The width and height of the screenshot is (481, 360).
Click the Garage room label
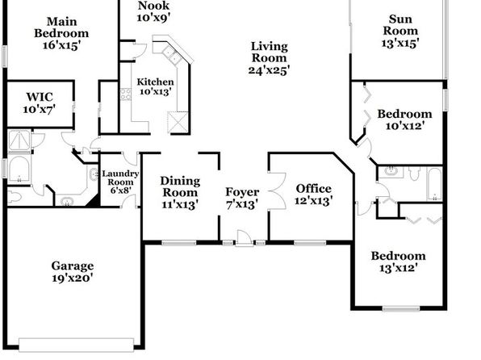click(x=73, y=266)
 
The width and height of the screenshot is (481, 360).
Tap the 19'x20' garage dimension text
click(x=73, y=278)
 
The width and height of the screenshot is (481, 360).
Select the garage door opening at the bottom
click(x=77, y=345)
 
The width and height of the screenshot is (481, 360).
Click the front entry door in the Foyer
click(x=245, y=238)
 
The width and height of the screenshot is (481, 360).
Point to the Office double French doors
click(x=277, y=191)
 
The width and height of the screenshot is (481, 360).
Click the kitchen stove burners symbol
click(x=125, y=94)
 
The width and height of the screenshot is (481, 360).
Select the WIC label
click(x=40, y=97)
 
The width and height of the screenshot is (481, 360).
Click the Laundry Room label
click(x=120, y=178)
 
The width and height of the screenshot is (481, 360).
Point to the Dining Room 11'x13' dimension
click(x=180, y=204)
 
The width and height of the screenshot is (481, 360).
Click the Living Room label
click(x=270, y=52)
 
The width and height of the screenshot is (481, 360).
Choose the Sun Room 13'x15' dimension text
click(x=400, y=43)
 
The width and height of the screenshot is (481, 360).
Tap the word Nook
click(x=153, y=5)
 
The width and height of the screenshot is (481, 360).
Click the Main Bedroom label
click(x=61, y=27)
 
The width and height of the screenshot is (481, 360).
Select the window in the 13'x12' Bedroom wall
click(x=401, y=308)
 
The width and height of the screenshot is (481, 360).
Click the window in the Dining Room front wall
click(x=179, y=243)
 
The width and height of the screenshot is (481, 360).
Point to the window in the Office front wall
click(x=310, y=243)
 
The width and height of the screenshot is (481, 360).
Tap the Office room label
click(x=313, y=189)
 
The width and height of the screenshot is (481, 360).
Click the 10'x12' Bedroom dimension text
click(x=405, y=126)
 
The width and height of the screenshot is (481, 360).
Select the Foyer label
click(x=242, y=192)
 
